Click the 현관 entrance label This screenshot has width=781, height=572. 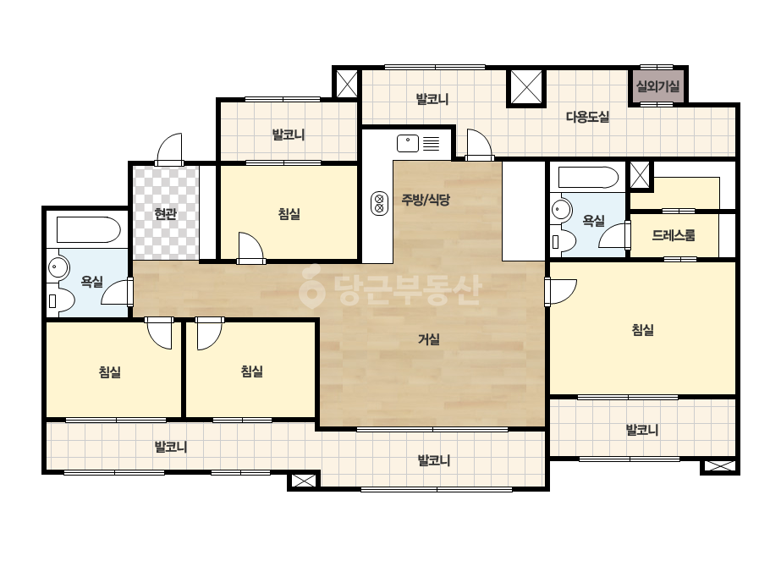point(165,214)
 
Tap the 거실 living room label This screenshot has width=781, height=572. point(428,340)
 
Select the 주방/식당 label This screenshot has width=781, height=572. point(426,200)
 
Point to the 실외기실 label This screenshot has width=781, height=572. point(658,86)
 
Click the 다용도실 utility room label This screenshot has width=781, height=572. point(587,117)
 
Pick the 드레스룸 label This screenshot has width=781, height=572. point(673,235)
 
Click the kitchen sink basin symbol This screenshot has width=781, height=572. point(408,144)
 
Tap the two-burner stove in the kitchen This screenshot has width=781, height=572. point(380,203)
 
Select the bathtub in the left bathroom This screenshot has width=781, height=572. point(88,229)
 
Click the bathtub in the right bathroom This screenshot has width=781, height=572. point(588,178)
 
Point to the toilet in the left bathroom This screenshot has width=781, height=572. point(61,300)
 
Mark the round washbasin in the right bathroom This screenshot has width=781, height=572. point(561,209)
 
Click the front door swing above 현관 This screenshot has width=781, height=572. point(169,148)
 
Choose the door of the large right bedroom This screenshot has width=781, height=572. point(560,291)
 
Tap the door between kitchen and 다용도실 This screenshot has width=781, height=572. point(480,145)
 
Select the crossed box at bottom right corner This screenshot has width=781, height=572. point(720,466)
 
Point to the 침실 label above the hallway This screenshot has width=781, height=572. point(289,214)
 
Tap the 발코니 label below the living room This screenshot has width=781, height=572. point(433,460)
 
